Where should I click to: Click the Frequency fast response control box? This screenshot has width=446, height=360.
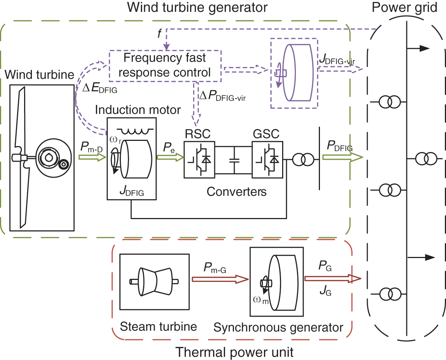tap(165, 65)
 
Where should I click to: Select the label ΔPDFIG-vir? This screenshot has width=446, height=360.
tap(223, 98)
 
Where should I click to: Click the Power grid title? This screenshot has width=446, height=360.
tap(406, 8)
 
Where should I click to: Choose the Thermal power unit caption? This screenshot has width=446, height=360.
tap(234, 352)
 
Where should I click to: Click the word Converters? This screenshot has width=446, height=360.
tap(237, 192)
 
